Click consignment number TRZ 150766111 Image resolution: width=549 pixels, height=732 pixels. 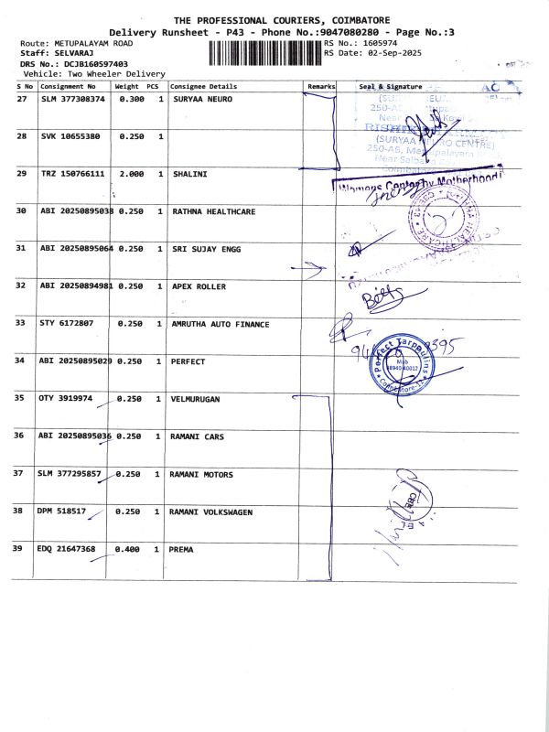(72, 173)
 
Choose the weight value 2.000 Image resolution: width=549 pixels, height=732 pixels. (132, 173)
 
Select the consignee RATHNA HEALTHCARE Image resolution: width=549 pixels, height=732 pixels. (214, 211)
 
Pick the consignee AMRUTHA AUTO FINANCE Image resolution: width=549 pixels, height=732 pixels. (221, 323)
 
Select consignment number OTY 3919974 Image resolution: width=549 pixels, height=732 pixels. (67, 398)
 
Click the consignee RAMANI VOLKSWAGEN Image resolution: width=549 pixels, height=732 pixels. (210, 512)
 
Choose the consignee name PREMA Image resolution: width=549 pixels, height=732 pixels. (181, 549)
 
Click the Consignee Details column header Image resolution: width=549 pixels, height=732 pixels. (203, 86)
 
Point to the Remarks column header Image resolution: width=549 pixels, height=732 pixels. (321, 86)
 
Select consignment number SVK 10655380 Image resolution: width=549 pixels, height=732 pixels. (70, 135)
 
